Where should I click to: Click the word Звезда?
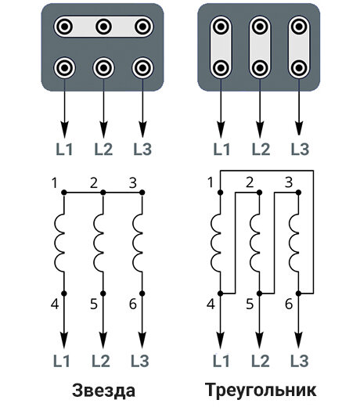point(104,391)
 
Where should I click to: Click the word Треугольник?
point(261,391)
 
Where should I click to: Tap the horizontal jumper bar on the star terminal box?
point(103,27)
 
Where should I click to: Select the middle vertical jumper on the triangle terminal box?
point(260,47)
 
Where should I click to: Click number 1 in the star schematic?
point(54,182)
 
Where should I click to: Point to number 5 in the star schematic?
point(94,304)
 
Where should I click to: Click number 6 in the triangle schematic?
point(289,304)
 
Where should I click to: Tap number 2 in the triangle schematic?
point(250,182)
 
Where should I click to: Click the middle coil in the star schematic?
point(99,243)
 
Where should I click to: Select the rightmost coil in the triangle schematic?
point(295,243)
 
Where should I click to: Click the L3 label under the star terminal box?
point(142,149)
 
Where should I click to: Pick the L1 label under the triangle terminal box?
point(221,149)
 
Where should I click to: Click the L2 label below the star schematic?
point(101,361)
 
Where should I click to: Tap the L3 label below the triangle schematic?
point(300,361)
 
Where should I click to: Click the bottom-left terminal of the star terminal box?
point(64,68)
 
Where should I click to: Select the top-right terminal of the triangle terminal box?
point(299,27)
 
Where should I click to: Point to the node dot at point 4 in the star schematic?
point(64,294)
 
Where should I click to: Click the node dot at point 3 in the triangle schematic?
point(299,193)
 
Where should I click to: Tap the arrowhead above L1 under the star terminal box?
point(64,129)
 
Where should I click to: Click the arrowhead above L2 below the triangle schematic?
point(260,340)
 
